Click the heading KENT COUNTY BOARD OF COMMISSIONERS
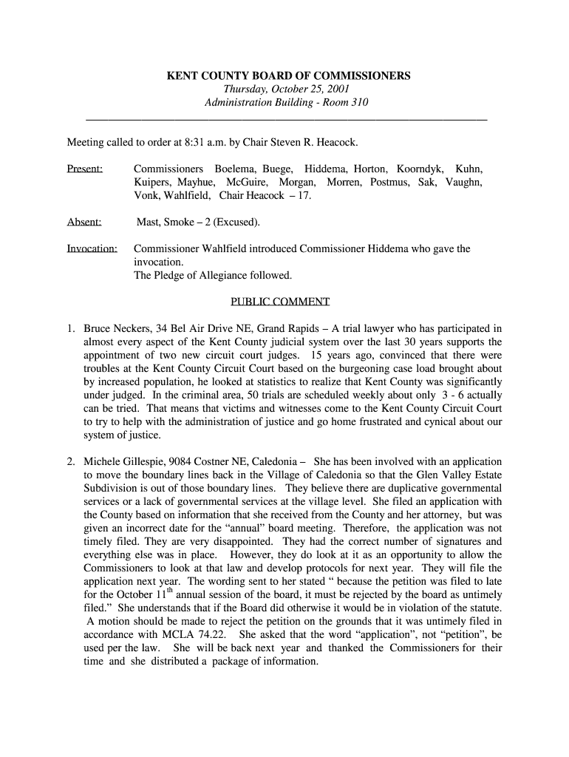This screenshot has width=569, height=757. [287, 76]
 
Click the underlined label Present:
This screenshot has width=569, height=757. [85, 169]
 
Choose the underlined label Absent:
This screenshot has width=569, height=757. [84, 222]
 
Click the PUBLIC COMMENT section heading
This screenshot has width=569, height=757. [280, 302]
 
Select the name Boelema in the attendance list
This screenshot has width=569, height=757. [236, 169]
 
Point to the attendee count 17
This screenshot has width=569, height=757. [304, 195]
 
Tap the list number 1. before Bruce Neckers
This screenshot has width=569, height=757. [71, 328]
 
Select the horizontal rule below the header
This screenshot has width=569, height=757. [287, 119]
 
